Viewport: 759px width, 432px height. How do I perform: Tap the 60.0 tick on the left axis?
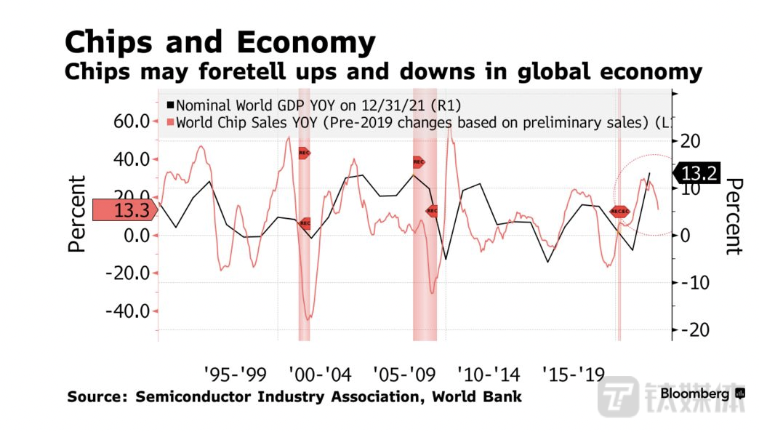tap(132, 121)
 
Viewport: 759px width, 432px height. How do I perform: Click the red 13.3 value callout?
tap(125, 211)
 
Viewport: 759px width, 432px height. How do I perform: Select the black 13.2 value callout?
tap(697, 173)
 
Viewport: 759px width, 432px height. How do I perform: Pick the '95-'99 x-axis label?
tap(235, 375)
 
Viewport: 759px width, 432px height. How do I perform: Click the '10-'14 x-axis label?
tap(489, 375)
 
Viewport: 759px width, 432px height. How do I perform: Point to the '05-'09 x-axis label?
tap(404, 375)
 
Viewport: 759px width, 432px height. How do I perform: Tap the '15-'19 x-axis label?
tap(574, 375)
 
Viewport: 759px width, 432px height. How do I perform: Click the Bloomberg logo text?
tap(694, 393)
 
